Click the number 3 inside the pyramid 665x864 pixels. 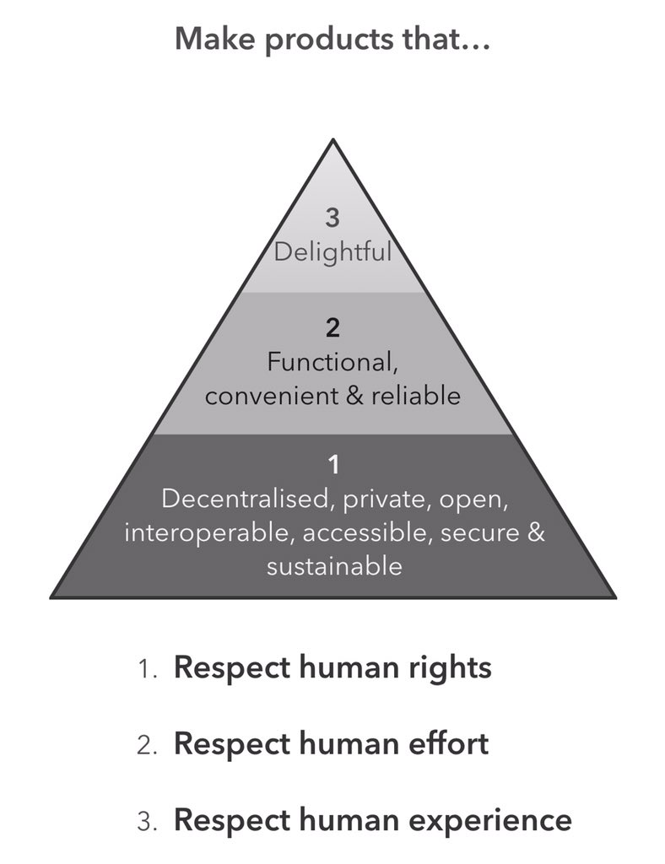[x=332, y=218]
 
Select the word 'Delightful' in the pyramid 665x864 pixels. [x=332, y=251]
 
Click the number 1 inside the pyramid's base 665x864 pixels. [x=332, y=465]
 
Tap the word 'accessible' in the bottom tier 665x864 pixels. [x=350, y=532]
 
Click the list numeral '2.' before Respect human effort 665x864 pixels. [x=149, y=745]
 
